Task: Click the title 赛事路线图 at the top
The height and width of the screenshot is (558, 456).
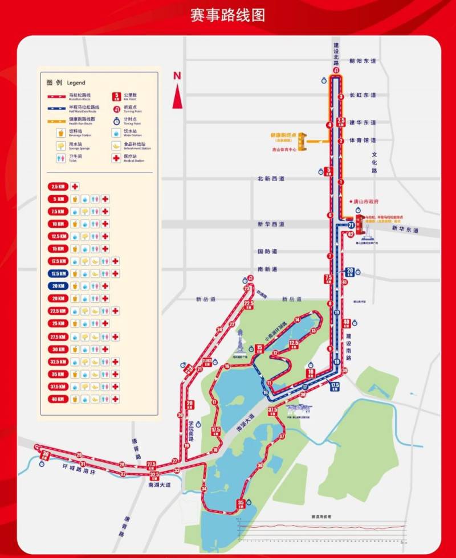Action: coord(228,15)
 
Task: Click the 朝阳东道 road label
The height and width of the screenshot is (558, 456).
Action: coord(364,61)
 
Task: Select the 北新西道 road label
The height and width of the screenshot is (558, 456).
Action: coord(271,179)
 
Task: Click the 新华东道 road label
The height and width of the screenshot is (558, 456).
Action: coord(405,229)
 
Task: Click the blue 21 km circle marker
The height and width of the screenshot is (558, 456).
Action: coord(351,225)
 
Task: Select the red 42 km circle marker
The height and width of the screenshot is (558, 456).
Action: coord(351,234)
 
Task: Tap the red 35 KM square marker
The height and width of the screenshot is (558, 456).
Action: coord(241,503)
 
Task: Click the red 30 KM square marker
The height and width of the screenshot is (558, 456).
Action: coord(46,454)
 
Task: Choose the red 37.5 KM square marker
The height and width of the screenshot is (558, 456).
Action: coord(272,411)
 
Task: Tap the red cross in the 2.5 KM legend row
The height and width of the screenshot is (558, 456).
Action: coord(74,186)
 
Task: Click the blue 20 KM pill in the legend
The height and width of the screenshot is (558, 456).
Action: coord(58,286)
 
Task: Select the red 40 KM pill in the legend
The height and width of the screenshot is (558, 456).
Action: coord(58,399)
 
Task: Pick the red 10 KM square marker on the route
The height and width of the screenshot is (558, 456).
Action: coord(310,374)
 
